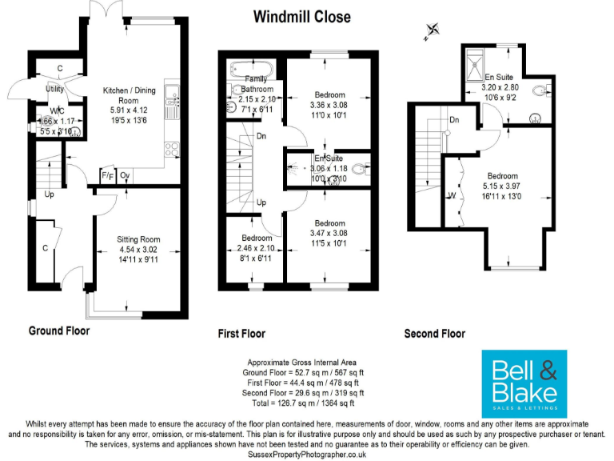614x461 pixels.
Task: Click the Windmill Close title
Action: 301,16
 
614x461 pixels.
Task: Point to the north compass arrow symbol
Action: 433,31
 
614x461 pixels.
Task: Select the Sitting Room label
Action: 138,239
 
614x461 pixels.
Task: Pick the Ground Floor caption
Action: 59,331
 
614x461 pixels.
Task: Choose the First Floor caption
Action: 241,334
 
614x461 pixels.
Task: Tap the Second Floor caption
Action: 434,334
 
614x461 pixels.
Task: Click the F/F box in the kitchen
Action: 106,176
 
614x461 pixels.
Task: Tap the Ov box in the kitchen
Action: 125,176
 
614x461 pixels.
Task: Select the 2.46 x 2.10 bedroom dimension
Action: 251,250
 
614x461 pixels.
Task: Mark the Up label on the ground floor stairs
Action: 49,194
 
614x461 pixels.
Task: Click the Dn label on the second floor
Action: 453,121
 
